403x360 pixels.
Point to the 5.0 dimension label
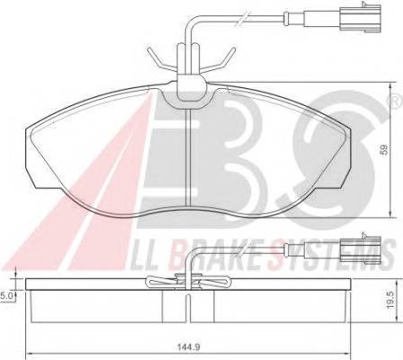(7, 293)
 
